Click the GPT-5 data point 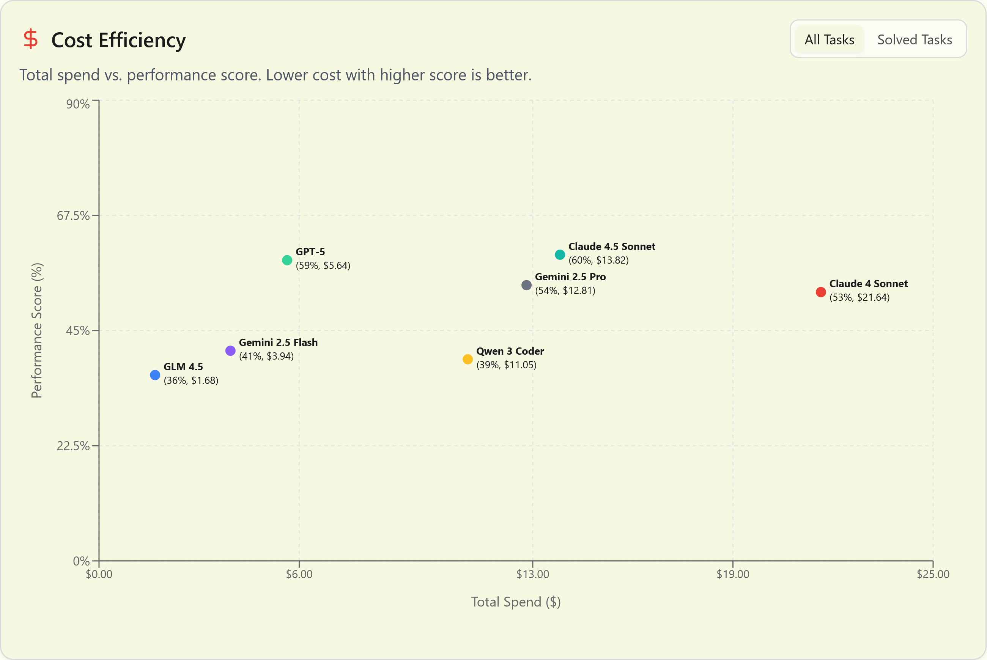(x=287, y=260)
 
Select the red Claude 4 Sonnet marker (x=820, y=292)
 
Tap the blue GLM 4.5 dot (x=155, y=375)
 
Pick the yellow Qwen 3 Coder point (x=468, y=359)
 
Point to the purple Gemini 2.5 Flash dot (x=230, y=350)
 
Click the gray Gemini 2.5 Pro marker (x=526, y=285)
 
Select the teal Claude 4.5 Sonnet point (x=560, y=255)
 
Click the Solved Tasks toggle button (x=914, y=39)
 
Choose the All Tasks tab (x=829, y=39)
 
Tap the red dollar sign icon (x=31, y=39)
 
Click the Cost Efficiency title (x=118, y=41)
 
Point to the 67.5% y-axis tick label (x=73, y=215)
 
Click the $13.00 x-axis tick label (x=533, y=574)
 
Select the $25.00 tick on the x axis (x=933, y=574)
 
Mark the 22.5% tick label (x=73, y=446)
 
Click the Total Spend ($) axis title (x=515, y=602)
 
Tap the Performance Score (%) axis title (x=37, y=330)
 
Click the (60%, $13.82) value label (x=598, y=260)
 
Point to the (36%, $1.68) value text (x=191, y=380)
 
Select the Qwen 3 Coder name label (x=510, y=351)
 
